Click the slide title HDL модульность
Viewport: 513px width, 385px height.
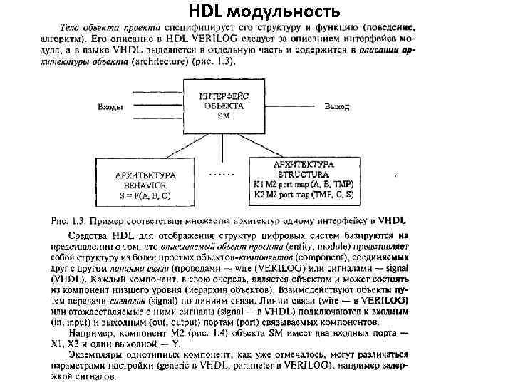click(264, 11)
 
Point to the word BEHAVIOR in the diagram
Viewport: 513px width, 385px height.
click(143, 185)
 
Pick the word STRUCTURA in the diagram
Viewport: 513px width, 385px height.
click(304, 174)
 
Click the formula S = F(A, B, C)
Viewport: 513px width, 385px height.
click(143, 195)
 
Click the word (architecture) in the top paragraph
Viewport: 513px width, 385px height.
click(157, 62)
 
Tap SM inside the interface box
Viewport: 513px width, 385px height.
click(223, 115)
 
